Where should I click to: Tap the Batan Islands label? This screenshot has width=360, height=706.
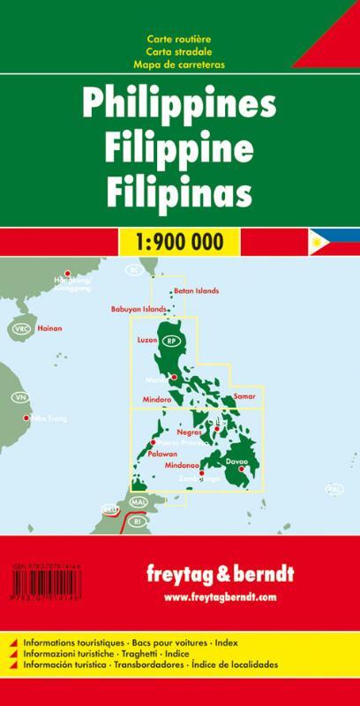pyautogui.click(x=196, y=291)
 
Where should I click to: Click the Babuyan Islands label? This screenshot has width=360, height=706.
pyautogui.click(x=138, y=310)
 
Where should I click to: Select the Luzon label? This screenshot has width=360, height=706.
pyautogui.click(x=147, y=339)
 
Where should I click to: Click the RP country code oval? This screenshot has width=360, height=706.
pyautogui.click(x=172, y=341)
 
